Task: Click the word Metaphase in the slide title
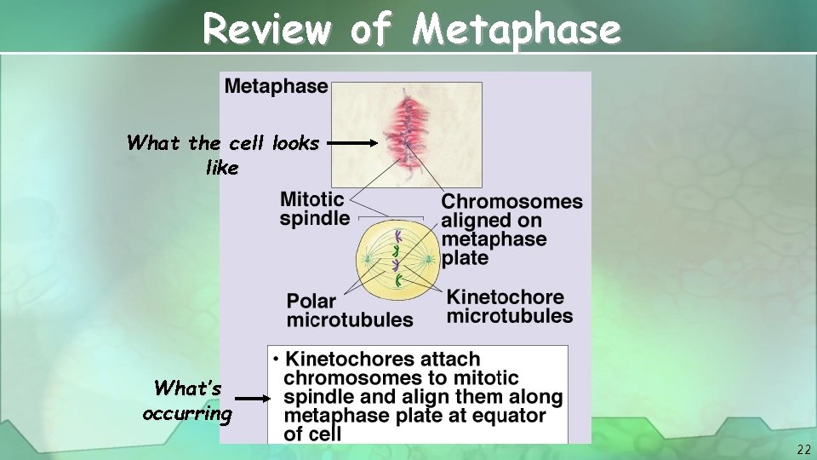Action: tap(517, 31)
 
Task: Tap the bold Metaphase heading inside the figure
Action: tap(276, 86)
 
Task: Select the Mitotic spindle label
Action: tap(314, 209)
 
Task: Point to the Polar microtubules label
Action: tap(349, 311)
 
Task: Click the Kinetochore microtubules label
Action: tap(509, 307)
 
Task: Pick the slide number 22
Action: tap(804, 449)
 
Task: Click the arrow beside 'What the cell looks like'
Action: tap(351, 144)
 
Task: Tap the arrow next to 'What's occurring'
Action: tap(253, 398)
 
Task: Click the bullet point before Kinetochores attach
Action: tap(277, 360)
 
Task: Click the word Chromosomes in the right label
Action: tap(512, 202)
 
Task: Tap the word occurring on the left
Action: tap(187, 414)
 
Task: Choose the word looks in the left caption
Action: tap(294, 143)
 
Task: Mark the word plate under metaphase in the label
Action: tap(465, 258)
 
